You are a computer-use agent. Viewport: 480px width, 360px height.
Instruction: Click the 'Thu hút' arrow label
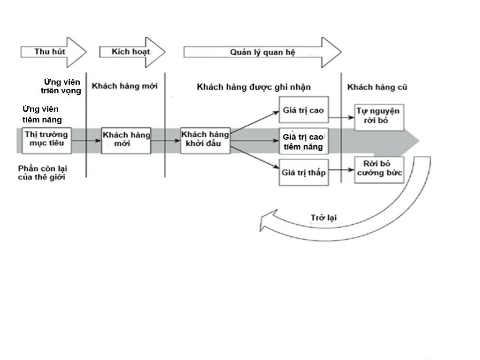coord(50,52)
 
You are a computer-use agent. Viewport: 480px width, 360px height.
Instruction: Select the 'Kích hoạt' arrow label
coord(131,52)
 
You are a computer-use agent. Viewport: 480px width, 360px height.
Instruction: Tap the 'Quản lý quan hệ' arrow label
coord(262,52)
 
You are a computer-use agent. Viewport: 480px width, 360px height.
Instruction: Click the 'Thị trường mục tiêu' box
coord(47,140)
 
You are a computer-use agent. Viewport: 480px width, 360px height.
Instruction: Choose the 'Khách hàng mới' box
coord(126,140)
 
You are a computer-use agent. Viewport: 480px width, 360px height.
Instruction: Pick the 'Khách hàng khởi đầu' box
coord(205,140)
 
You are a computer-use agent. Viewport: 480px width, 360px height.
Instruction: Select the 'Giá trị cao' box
coord(303,110)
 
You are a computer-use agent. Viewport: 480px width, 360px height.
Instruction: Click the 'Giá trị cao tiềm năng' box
coord(303,141)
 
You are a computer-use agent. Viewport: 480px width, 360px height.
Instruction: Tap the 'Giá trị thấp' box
coord(303,172)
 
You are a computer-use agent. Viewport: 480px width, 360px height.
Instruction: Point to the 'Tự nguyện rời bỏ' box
coord(379,117)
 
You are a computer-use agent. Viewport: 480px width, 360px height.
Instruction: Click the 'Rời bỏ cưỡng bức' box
coord(379,170)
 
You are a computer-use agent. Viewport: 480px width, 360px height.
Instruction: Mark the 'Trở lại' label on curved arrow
coord(323,218)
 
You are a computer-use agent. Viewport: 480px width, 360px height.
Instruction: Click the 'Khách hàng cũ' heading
coord(377,87)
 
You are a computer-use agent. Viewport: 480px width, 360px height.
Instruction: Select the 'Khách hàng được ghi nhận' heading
coord(254,87)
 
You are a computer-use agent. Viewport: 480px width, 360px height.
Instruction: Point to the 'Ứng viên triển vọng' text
coord(61,86)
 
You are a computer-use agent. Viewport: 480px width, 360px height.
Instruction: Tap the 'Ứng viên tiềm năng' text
coord(42,114)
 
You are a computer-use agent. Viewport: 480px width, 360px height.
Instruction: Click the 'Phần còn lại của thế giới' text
coord(42,173)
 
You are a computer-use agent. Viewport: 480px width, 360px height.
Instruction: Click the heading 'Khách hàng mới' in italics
coord(125,86)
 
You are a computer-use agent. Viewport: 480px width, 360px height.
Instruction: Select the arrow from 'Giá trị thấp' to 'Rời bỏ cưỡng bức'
coord(341,170)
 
